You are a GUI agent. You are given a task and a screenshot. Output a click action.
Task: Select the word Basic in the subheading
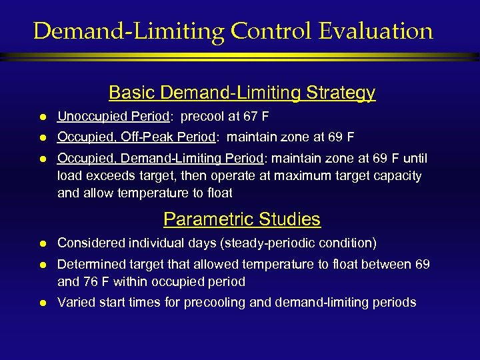(x=129, y=93)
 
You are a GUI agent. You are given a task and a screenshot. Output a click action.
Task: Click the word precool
(x=203, y=117)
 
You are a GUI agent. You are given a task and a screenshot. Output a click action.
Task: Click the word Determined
(x=89, y=265)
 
